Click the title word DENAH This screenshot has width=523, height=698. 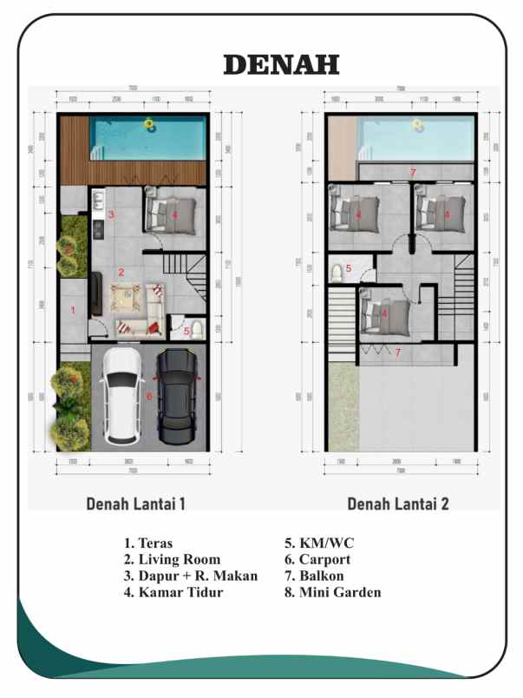(x=281, y=64)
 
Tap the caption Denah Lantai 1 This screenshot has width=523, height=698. (x=134, y=504)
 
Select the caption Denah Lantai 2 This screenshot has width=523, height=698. (x=398, y=504)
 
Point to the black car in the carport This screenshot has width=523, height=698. (x=178, y=396)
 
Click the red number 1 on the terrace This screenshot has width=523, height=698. (x=73, y=309)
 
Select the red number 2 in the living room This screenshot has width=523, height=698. (x=121, y=272)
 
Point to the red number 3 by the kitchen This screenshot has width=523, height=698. (x=111, y=214)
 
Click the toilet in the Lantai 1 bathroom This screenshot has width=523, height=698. (x=198, y=329)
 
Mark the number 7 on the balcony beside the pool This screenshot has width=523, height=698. (x=413, y=172)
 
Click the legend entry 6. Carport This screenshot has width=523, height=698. (x=317, y=560)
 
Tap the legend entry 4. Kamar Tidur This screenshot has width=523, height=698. (x=173, y=593)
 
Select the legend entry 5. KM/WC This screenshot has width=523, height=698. (x=319, y=543)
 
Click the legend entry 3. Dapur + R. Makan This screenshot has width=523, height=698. (x=190, y=576)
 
